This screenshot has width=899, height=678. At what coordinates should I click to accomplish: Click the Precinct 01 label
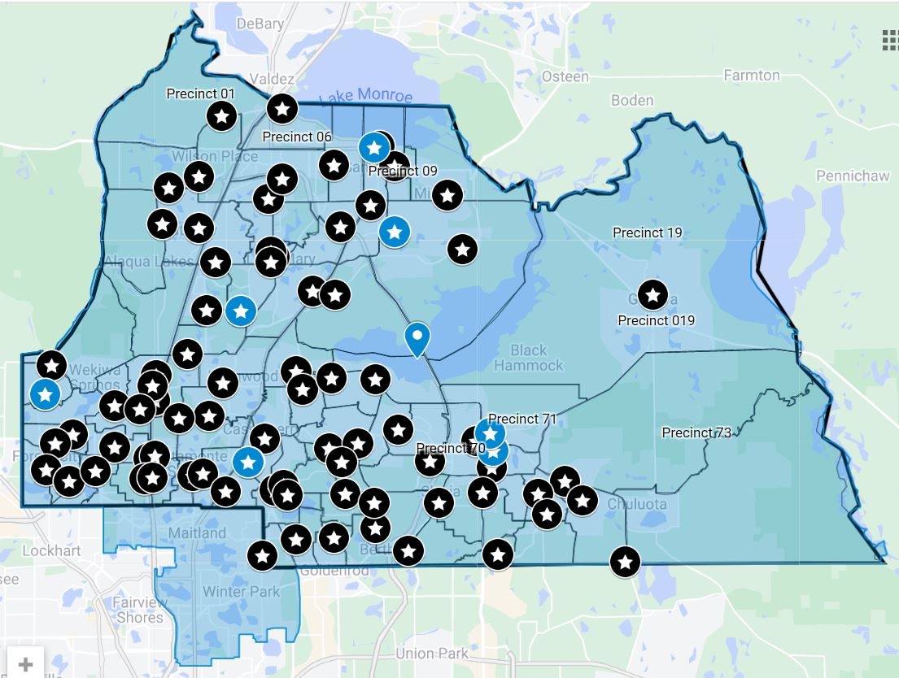point(200,93)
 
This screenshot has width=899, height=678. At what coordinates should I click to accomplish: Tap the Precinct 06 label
point(297,137)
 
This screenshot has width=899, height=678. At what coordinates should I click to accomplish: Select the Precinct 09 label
point(403,171)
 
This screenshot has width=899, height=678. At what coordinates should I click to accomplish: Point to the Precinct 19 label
point(647,233)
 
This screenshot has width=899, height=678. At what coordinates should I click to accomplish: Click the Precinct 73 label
point(696,432)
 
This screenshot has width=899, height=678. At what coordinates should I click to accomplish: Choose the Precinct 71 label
point(522,419)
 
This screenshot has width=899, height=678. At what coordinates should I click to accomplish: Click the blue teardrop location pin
point(417,338)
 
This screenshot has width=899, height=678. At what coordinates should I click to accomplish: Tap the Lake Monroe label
point(366,96)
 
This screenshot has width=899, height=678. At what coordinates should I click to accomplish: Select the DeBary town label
point(260,24)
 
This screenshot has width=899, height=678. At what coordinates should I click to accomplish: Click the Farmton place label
point(751,76)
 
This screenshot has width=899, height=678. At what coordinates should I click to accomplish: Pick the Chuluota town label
point(637,504)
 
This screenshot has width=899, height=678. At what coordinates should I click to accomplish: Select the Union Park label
point(432,653)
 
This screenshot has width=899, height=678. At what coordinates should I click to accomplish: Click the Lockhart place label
point(51,550)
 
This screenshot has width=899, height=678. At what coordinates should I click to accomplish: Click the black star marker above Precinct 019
point(652,294)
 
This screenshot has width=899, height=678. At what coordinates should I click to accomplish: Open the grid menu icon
point(890,40)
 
